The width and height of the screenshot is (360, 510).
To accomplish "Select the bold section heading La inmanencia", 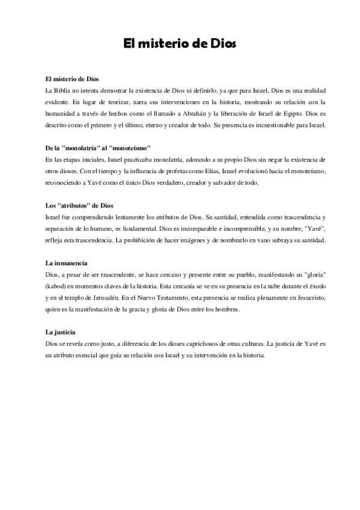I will coord(67,263).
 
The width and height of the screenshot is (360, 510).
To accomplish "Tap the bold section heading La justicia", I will coord(60,332).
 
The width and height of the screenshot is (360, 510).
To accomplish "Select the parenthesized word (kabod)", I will coord(58,286).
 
